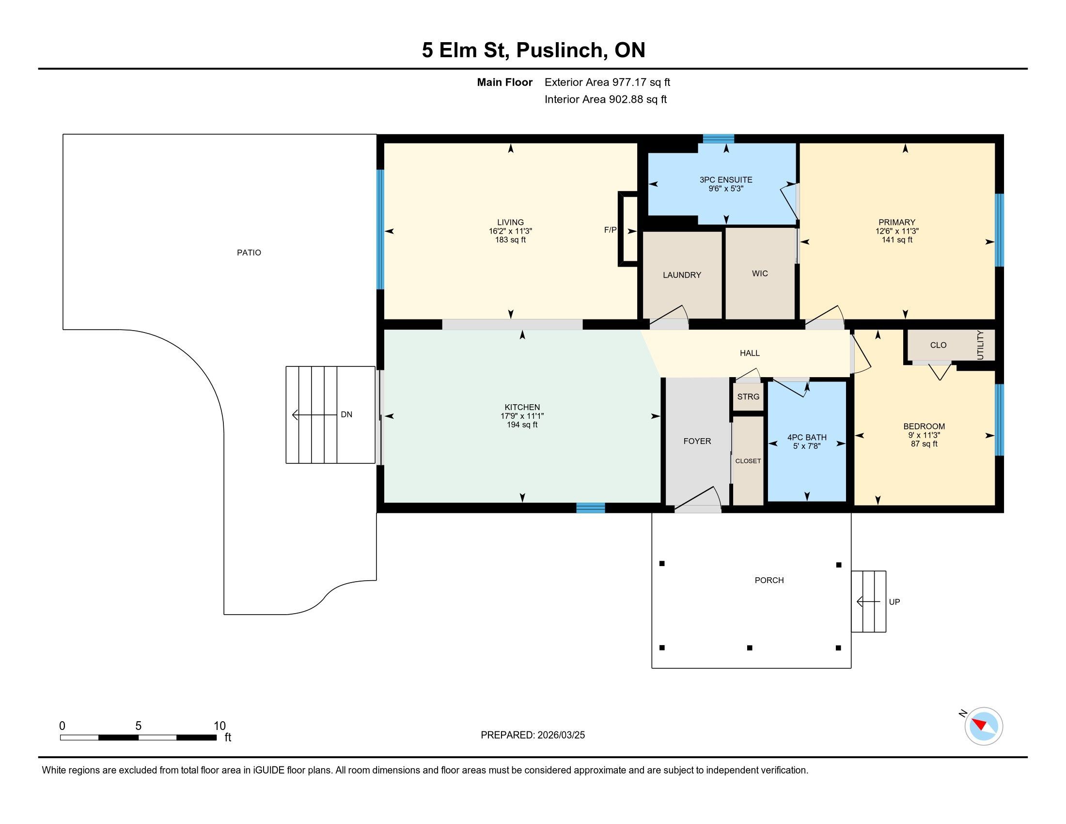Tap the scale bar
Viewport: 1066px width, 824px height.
pyautogui.click(x=138, y=738)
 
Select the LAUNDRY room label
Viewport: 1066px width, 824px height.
pyautogui.click(x=682, y=275)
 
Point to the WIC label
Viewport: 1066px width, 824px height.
pyautogui.click(x=760, y=274)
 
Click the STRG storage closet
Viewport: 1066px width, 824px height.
pyautogui.click(x=748, y=396)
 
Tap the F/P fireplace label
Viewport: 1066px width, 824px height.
pyautogui.click(x=610, y=230)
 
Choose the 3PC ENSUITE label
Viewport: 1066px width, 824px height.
pyautogui.click(x=726, y=180)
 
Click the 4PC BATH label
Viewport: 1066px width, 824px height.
pyautogui.click(x=807, y=437)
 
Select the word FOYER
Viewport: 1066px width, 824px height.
pyautogui.click(x=697, y=441)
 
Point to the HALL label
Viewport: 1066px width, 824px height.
pyautogui.click(x=750, y=353)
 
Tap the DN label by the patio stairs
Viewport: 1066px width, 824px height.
pyautogui.click(x=346, y=414)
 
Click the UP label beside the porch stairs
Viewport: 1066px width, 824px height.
pyautogui.click(x=894, y=602)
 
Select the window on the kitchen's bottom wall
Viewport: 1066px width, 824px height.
pyautogui.click(x=591, y=508)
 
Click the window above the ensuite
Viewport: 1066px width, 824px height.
pyautogui.click(x=719, y=139)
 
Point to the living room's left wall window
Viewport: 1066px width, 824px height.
pyautogui.click(x=380, y=229)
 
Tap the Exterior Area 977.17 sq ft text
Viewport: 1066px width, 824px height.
pyautogui.click(x=607, y=82)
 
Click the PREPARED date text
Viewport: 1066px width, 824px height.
pyautogui.click(x=533, y=735)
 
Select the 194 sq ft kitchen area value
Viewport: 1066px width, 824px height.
pyautogui.click(x=522, y=425)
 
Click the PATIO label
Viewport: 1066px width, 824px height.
pyautogui.click(x=249, y=253)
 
